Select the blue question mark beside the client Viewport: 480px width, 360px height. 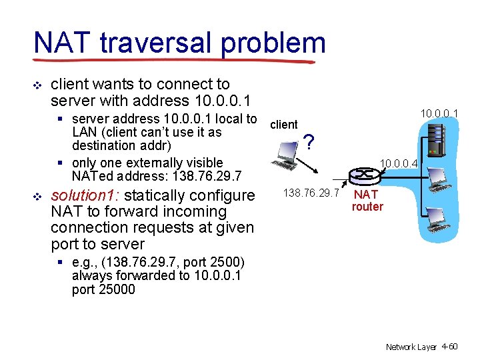pyautogui.click(x=308, y=141)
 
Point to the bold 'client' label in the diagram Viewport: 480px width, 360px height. pyautogui.click(x=284, y=124)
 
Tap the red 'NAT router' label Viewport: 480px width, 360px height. pyautogui.click(x=367, y=200)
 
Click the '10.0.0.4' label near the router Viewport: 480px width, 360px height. pyautogui.click(x=399, y=162)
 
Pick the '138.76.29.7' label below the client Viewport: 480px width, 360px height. pyautogui.click(x=311, y=193)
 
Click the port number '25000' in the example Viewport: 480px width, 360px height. pyautogui.click(x=117, y=289)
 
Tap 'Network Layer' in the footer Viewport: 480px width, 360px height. pyautogui.click(x=410, y=347)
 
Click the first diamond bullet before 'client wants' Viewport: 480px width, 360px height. pyautogui.click(x=37, y=85)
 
